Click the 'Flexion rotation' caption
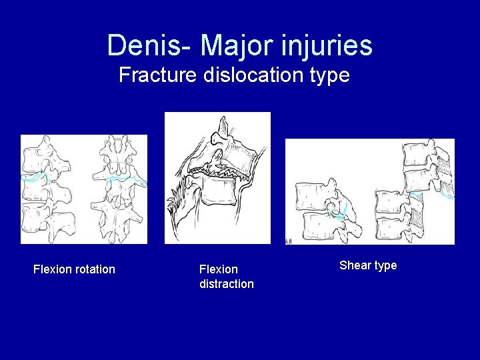pyautogui.click(x=74, y=269)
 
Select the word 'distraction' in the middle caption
pyautogui.click(x=227, y=284)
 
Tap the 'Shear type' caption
pyautogui.click(x=368, y=265)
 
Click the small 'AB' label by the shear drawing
pyautogui.click(x=287, y=241)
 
